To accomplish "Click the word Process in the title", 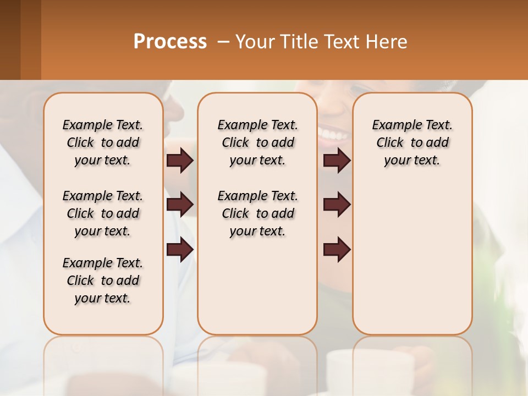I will point(170,42).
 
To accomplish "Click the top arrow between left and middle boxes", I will point(180,160).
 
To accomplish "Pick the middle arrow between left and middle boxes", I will point(180,205).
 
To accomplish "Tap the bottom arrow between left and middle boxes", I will point(180,249).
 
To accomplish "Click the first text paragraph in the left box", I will point(103,142).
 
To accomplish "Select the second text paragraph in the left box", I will point(103,213).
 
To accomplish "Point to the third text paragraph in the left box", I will point(103,280).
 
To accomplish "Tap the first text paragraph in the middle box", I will point(257,142).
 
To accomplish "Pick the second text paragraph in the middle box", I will point(257,213).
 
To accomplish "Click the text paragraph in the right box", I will point(412,142).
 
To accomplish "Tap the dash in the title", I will point(223,42).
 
